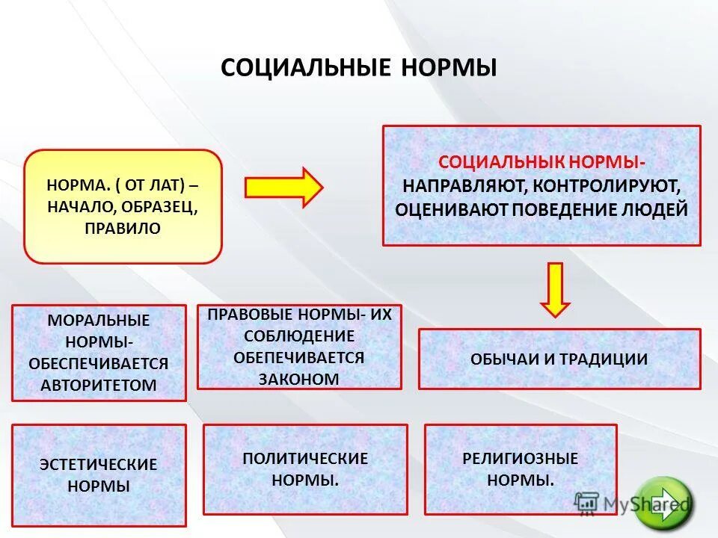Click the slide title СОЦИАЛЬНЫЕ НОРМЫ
[359, 68]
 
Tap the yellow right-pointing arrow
[283, 187]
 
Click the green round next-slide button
[663, 500]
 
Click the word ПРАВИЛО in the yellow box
[123, 228]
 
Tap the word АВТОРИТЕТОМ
[99, 385]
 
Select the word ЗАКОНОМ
[298, 379]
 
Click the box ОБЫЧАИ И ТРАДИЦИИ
[559, 359]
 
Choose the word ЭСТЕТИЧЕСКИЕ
[99, 464]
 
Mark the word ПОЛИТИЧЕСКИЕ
[305, 458]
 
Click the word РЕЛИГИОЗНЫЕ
[521, 458]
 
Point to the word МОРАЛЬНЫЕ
[99, 321]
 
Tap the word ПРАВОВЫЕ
[253, 315]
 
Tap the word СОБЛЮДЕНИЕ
[298, 336]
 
